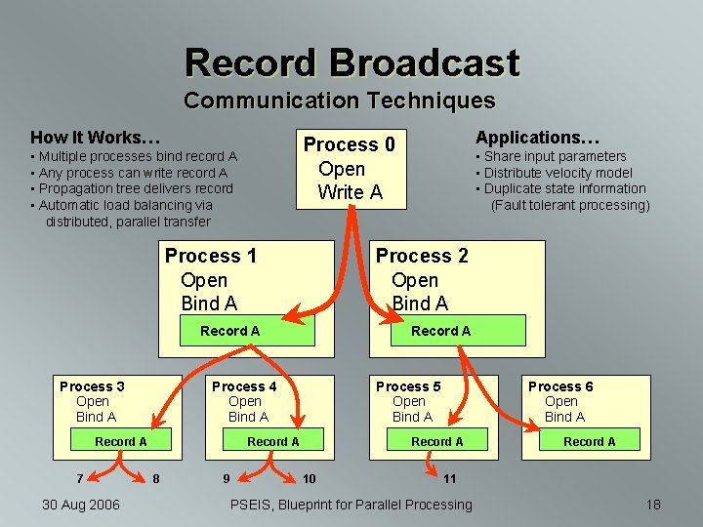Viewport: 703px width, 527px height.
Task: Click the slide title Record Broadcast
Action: coord(351,62)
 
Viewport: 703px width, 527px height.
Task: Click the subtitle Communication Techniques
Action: coord(339,101)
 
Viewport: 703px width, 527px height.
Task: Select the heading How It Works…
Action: coord(96,138)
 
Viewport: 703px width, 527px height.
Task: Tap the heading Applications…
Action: coord(538,138)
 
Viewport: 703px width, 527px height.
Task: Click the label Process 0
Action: coord(350,144)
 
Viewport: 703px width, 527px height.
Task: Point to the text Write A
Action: coord(351,192)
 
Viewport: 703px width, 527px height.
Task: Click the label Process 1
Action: coord(211,256)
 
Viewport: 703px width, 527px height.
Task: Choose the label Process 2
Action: coord(422,256)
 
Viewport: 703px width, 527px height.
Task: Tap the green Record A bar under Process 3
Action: coord(121,442)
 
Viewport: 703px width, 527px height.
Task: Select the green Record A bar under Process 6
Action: coord(590,442)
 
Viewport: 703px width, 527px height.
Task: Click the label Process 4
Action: coord(244,386)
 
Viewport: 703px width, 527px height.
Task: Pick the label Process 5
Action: coord(408,386)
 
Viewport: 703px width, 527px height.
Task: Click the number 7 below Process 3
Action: coord(80,478)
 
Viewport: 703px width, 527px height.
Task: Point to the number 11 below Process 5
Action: coord(449,478)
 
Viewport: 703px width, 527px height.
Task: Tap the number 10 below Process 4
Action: coord(309,478)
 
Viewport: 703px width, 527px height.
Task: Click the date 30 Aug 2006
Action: coord(81,505)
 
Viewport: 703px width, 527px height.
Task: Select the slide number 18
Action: coord(653,505)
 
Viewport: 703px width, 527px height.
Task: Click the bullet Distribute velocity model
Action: coord(558,173)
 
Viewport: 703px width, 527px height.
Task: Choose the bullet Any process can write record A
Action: coord(133,173)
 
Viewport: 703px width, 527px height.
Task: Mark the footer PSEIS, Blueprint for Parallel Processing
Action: coord(351,505)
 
